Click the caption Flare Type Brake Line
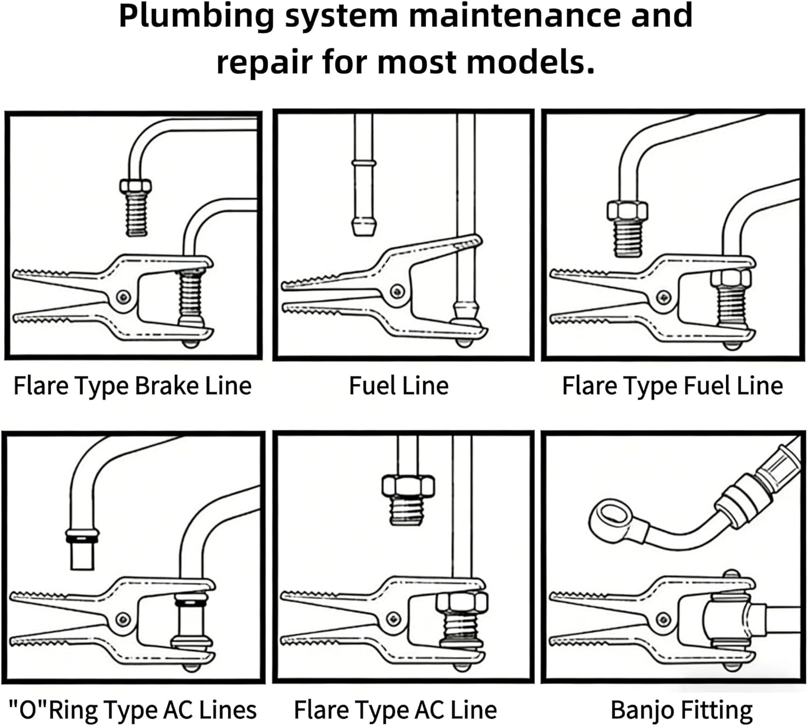(x=132, y=386)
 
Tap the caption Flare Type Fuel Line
(x=672, y=386)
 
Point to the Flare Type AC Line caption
(x=395, y=710)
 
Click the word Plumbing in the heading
(x=197, y=16)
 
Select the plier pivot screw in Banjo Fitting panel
(x=664, y=619)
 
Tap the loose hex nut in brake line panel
(x=135, y=187)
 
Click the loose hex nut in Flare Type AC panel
(x=408, y=486)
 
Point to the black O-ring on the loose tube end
(x=82, y=537)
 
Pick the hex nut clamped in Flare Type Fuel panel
(x=730, y=278)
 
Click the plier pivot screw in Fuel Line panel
(x=398, y=291)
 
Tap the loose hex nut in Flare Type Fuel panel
(x=627, y=211)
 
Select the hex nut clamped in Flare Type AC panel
(x=462, y=602)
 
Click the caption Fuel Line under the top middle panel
(x=399, y=386)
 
